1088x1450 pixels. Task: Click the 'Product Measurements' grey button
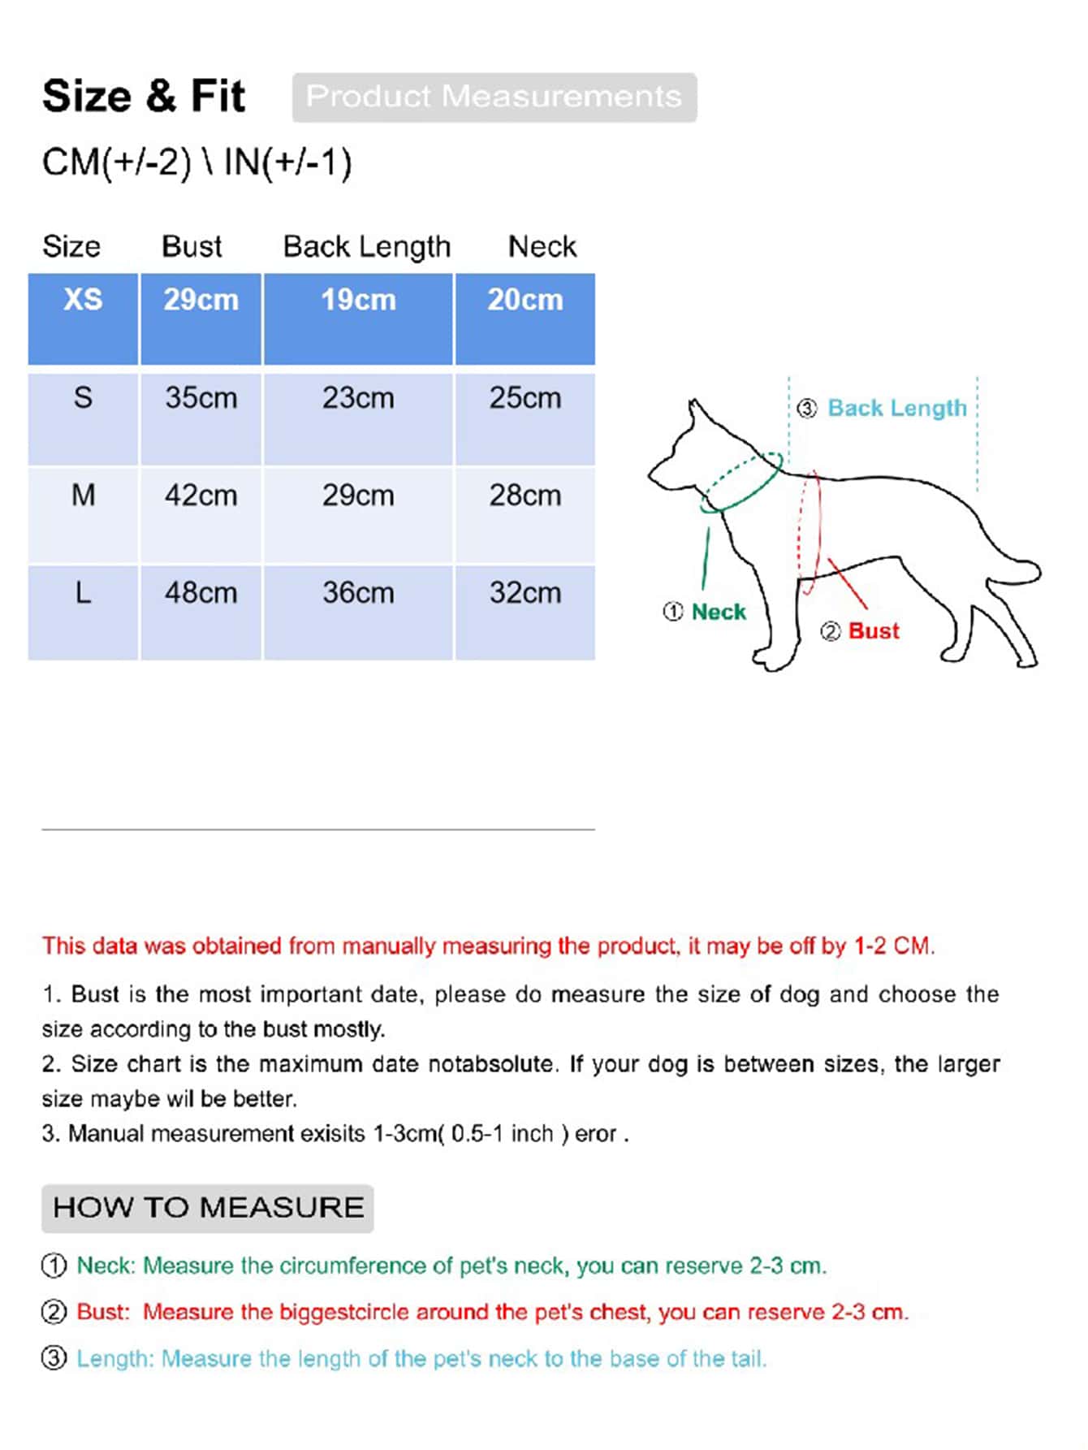494,97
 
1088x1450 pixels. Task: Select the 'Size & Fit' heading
143,96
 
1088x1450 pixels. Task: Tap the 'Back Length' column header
366,246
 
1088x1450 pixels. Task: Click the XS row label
83,300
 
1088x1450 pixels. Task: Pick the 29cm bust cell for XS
201,300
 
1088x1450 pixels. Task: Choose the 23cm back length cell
358,398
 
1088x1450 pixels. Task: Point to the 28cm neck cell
525,496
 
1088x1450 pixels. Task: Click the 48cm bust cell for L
201,593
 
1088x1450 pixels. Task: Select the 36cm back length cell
358,593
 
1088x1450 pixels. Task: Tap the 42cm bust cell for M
201,496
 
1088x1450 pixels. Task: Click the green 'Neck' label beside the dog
718,612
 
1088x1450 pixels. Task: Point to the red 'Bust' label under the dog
874,631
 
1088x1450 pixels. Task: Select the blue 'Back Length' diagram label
896,408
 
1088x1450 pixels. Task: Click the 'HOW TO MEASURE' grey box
208,1208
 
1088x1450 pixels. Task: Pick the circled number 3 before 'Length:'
54,1358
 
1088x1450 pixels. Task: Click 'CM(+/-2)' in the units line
116,162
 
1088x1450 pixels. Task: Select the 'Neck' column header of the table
542,246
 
